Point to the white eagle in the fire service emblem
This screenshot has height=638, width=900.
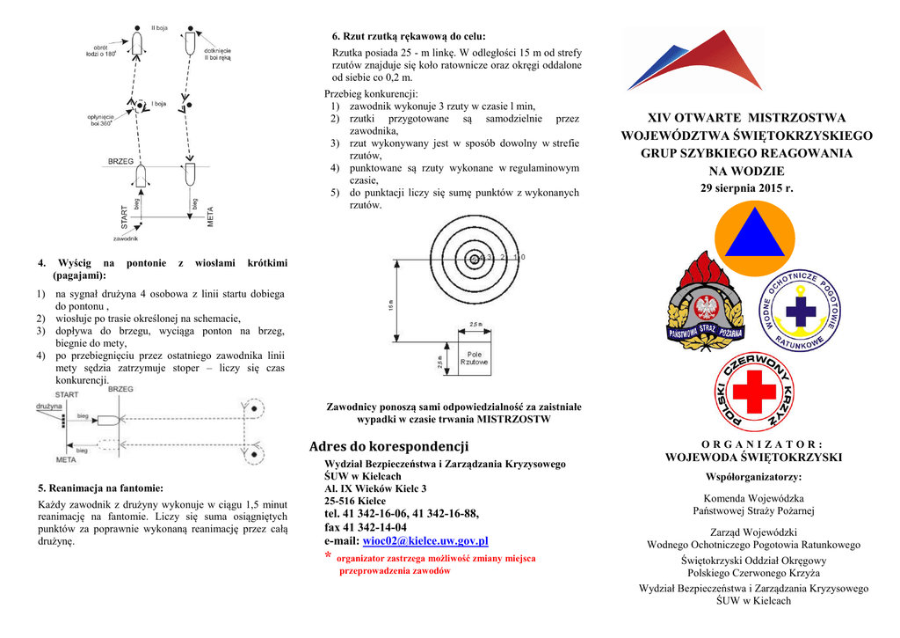(x=705, y=308)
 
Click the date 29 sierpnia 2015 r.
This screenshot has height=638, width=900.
(x=746, y=188)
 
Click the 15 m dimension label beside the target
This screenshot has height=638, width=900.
(x=391, y=305)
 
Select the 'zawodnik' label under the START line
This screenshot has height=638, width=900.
(x=126, y=238)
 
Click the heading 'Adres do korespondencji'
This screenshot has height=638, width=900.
(x=389, y=446)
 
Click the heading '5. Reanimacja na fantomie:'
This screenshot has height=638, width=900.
(x=100, y=488)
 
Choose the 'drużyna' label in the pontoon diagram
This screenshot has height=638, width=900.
(x=49, y=407)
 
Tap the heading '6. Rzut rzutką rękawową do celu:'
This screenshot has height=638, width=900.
(x=408, y=36)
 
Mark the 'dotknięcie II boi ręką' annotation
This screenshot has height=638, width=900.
(x=217, y=55)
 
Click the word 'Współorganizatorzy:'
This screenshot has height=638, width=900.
(x=753, y=477)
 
